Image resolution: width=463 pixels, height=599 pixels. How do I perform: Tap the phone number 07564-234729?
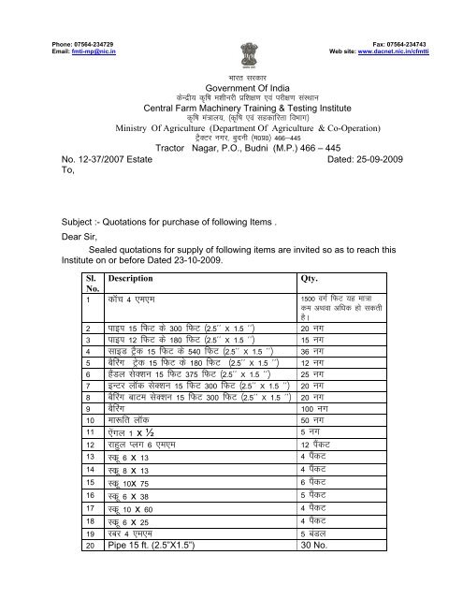pyautogui.click(x=94, y=8)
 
